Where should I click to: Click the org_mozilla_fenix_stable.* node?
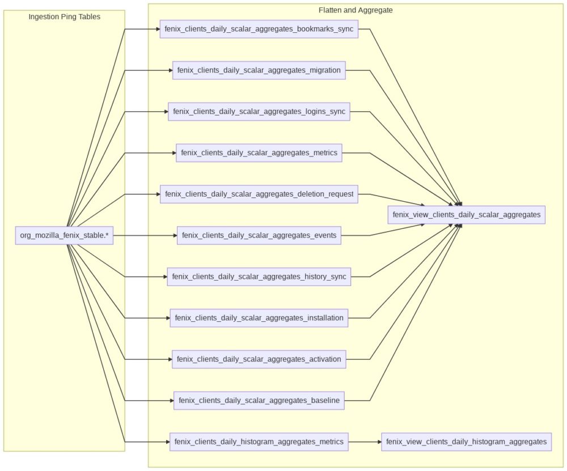[x=64, y=235]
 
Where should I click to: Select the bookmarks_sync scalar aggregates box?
[x=259, y=29]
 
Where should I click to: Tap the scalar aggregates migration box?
[x=259, y=70]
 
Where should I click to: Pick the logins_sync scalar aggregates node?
[x=259, y=112]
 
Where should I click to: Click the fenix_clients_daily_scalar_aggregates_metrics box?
[x=259, y=152]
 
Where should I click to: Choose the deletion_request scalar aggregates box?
[x=259, y=194]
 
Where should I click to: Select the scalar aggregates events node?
[x=259, y=235]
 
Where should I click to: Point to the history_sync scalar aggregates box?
[x=259, y=277]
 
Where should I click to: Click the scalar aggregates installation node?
[x=259, y=318]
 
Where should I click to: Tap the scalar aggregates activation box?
[x=259, y=359]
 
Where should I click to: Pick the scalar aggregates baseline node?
[x=259, y=400]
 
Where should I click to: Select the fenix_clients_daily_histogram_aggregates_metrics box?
[x=259, y=442]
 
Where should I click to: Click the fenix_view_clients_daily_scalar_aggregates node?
[x=466, y=215]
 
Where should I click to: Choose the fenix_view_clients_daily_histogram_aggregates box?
[x=466, y=442]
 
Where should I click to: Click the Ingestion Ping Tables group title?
[x=64, y=17]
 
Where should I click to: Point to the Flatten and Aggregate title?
[x=356, y=10]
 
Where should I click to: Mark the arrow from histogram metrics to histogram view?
[x=364, y=442]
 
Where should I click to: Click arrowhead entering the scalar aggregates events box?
[x=174, y=235]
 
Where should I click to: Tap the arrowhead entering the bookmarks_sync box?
[x=157, y=29]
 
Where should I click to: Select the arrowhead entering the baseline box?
[x=171, y=400]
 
